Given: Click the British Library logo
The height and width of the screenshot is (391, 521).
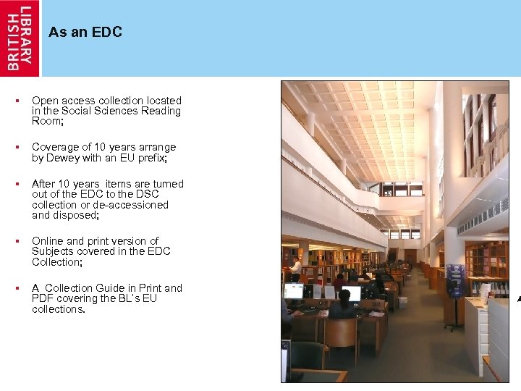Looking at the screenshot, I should point(20,38).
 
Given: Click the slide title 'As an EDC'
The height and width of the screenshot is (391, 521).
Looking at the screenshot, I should point(85,32).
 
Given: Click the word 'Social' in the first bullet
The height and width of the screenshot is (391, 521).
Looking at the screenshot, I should point(79,111).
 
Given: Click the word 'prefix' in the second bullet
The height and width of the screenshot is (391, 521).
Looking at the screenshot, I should point(153,157).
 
